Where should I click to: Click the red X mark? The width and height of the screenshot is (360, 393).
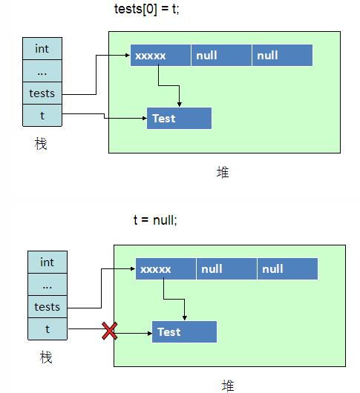(x=110, y=331)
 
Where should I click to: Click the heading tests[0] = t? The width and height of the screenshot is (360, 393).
(x=147, y=10)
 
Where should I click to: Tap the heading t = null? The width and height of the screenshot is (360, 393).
(x=155, y=220)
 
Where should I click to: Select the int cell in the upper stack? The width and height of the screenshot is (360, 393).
(x=42, y=49)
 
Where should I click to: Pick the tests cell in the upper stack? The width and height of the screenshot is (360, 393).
(x=42, y=93)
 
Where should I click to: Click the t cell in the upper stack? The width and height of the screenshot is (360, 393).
(x=42, y=115)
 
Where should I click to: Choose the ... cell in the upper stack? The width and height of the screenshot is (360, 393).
(x=42, y=71)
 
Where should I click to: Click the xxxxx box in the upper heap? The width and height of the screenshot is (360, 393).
(x=160, y=56)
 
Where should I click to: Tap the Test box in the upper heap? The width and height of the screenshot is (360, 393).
(x=179, y=119)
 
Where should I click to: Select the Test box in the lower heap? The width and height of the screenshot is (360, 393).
(x=184, y=332)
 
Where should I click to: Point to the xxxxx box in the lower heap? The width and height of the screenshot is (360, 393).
(x=166, y=268)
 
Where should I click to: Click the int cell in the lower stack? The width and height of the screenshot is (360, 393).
(x=48, y=262)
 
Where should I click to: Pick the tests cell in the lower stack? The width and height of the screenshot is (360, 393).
(x=48, y=307)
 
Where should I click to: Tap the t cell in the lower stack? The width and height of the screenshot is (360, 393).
(x=48, y=328)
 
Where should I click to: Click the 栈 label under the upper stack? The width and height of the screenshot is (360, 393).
(x=41, y=144)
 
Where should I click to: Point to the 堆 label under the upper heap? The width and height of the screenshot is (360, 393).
(x=223, y=173)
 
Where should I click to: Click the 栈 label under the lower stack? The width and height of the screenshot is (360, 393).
(x=46, y=357)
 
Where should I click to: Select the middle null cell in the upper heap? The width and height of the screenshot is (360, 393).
(x=221, y=56)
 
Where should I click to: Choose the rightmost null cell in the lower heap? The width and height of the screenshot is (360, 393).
(x=287, y=268)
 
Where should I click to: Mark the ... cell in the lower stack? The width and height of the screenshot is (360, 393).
(x=48, y=285)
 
